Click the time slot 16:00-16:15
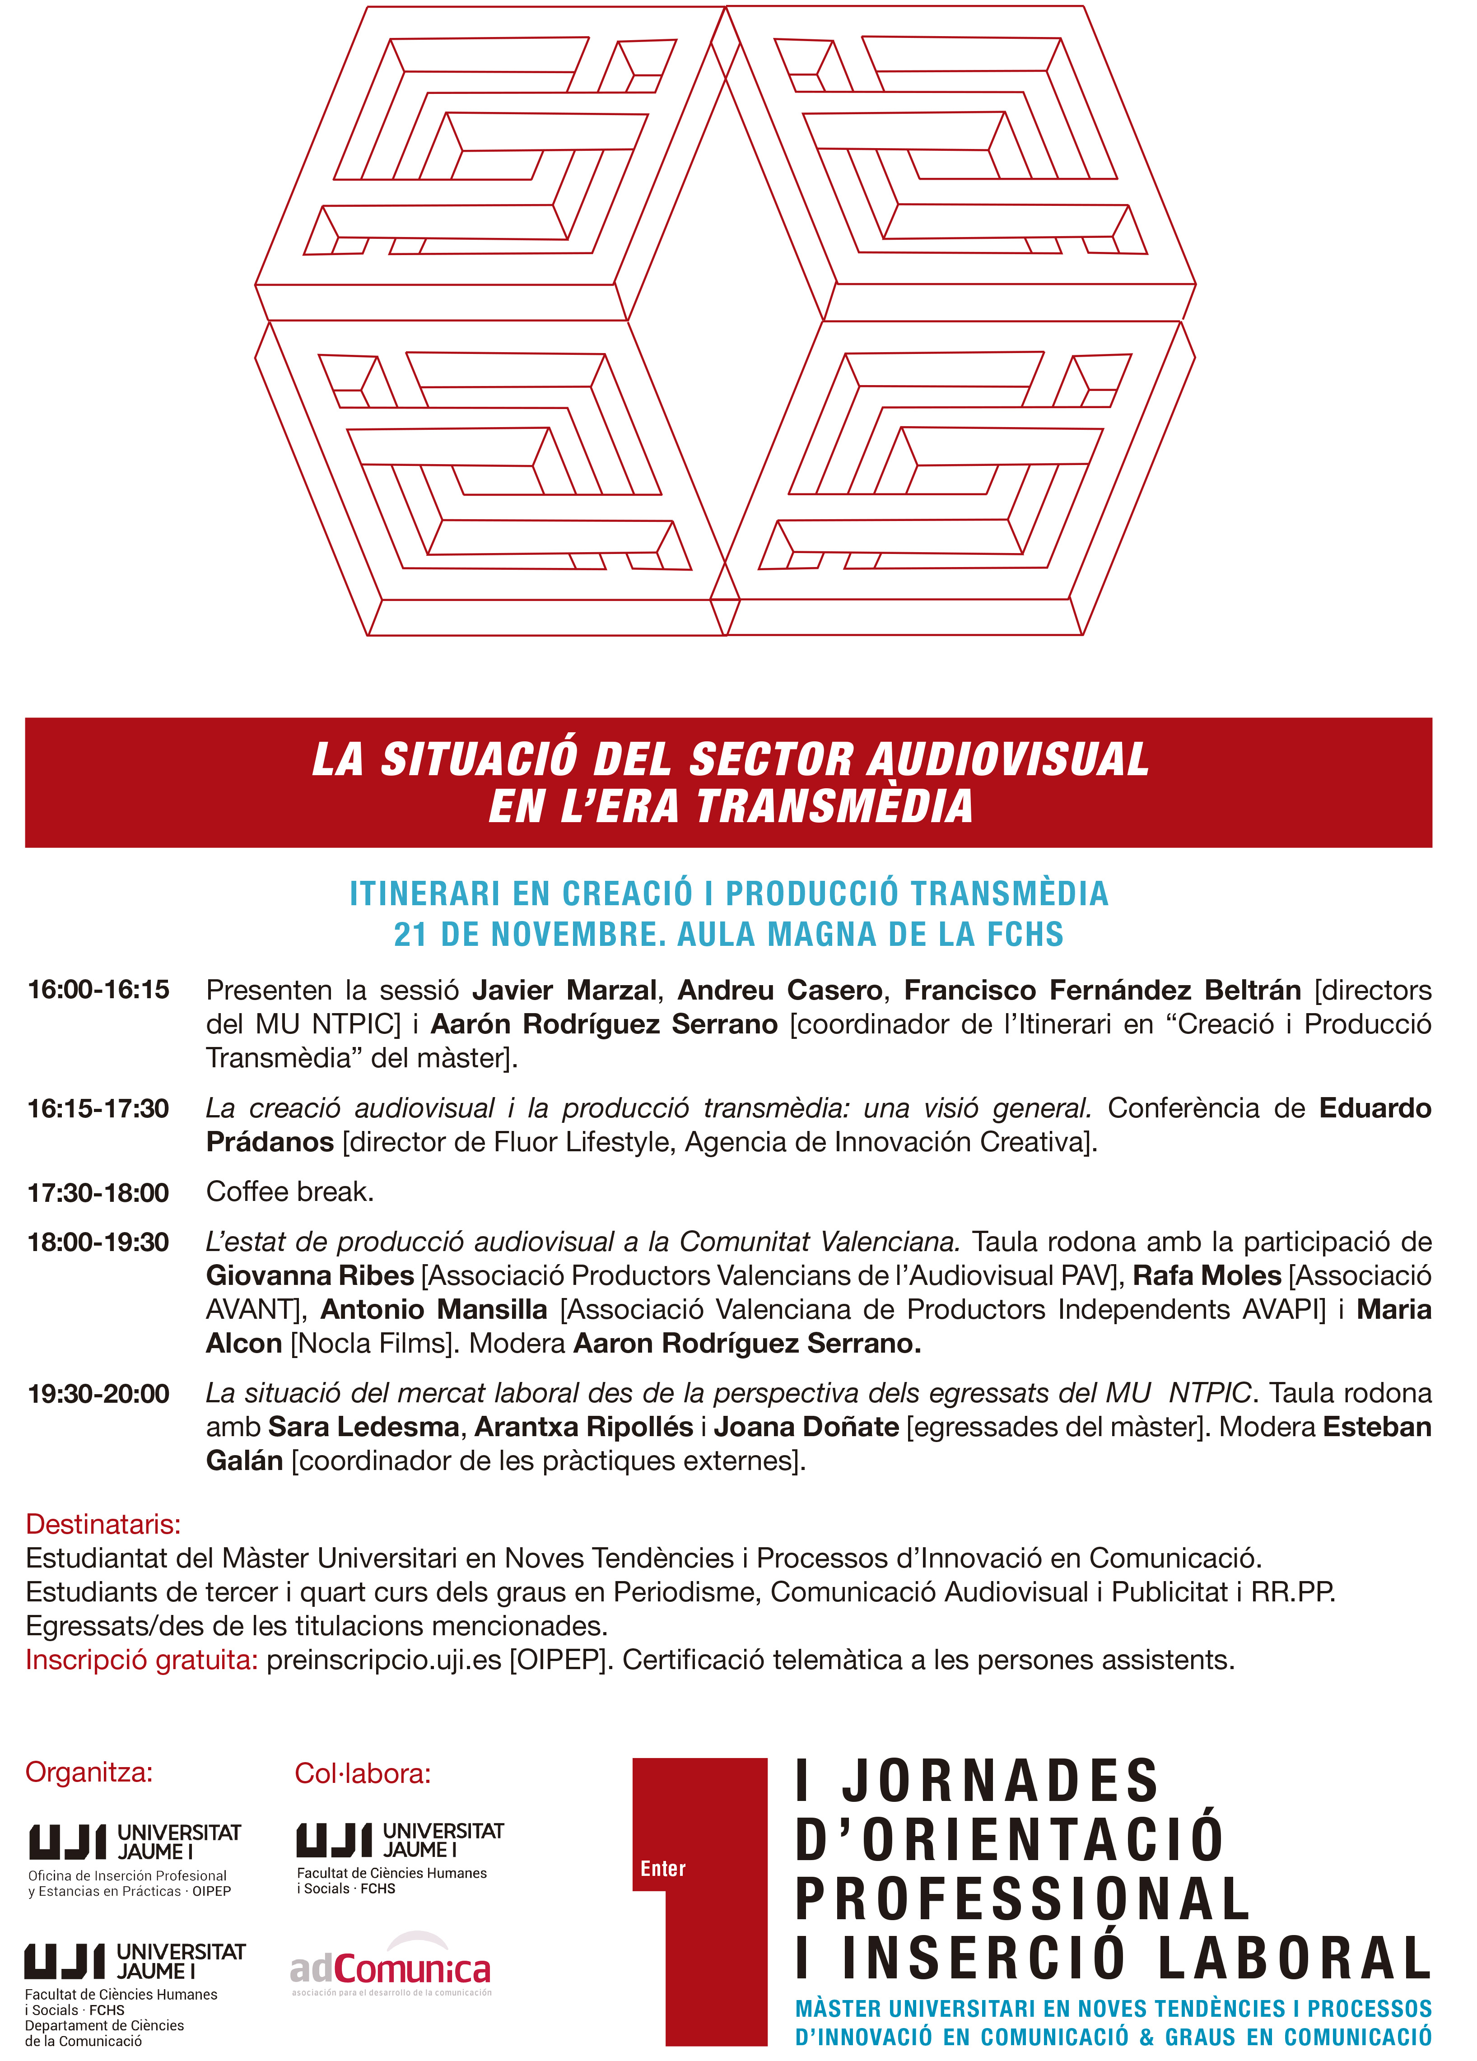98,990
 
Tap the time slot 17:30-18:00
98,1192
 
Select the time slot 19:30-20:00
98,1393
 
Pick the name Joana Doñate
806,1427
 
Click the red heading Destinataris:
103,1524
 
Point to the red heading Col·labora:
363,1773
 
